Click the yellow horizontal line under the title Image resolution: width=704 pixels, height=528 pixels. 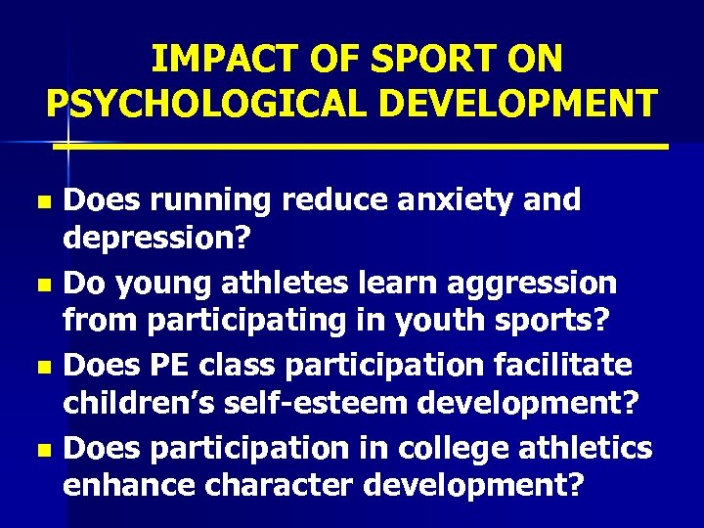click(x=362, y=146)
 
